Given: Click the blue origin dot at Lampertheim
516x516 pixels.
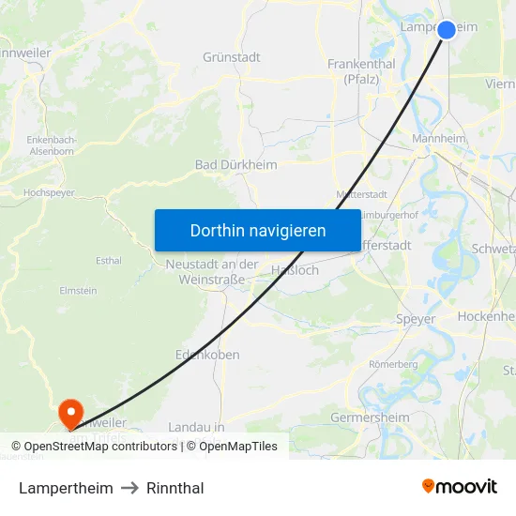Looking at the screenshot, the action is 447,30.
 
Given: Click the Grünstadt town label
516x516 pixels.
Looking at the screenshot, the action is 232,57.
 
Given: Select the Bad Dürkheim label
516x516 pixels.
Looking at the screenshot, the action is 235,165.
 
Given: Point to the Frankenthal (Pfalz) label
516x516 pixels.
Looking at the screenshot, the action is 361,71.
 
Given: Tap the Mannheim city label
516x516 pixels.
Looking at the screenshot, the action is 439,139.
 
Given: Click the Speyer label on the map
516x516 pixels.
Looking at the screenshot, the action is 416,319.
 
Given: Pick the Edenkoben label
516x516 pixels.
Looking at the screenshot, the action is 207,355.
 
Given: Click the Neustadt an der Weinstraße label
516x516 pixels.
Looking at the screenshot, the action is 211,272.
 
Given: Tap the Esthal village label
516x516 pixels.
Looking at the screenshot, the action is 109,260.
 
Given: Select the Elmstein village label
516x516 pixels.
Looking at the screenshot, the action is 78,292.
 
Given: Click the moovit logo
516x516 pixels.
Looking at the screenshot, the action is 459,487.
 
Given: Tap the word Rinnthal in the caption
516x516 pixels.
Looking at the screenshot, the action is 175,488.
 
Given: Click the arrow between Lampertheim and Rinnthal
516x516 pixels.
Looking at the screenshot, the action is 129,488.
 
